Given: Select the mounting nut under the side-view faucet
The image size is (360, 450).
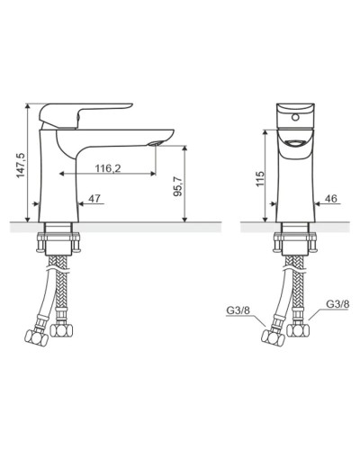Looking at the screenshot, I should (58, 242).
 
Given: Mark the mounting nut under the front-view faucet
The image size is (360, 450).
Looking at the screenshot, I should (292, 242).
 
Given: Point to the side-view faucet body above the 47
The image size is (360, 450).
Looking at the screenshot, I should (56, 180).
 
